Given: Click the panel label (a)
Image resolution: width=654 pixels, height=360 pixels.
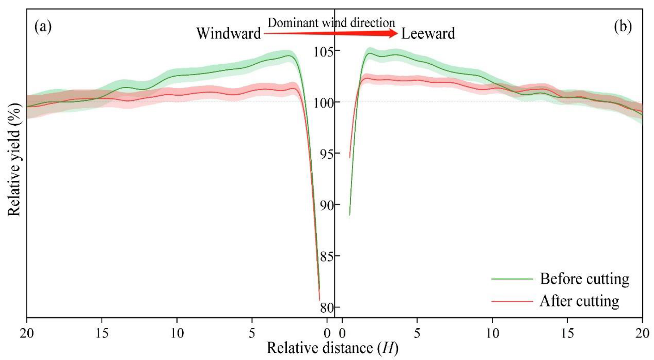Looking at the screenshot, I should (x=43, y=27).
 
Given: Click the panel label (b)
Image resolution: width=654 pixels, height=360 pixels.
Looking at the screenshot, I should (x=623, y=27).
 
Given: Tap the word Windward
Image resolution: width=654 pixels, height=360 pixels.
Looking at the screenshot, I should (x=229, y=33).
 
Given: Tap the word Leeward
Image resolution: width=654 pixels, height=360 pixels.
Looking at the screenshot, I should (x=428, y=33).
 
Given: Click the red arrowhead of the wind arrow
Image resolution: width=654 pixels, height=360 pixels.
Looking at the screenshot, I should (x=393, y=33).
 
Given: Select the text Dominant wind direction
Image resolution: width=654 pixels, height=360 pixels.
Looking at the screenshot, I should (x=331, y=23).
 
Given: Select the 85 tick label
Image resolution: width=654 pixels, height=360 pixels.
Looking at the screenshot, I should (x=327, y=256).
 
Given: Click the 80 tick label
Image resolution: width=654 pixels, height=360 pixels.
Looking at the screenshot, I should (x=327, y=308).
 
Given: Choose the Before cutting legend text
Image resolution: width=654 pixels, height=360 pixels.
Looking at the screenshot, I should (x=585, y=279).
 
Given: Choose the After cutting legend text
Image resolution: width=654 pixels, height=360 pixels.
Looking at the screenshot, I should (x=579, y=301).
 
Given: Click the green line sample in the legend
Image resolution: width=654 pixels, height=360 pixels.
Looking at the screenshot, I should (x=512, y=279).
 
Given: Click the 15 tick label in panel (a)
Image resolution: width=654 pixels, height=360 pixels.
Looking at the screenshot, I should (x=102, y=333).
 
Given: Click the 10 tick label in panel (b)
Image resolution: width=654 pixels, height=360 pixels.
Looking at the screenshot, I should (x=492, y=333).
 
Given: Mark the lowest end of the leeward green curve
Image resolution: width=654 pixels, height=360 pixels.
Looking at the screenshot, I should (x=350, y=215).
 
